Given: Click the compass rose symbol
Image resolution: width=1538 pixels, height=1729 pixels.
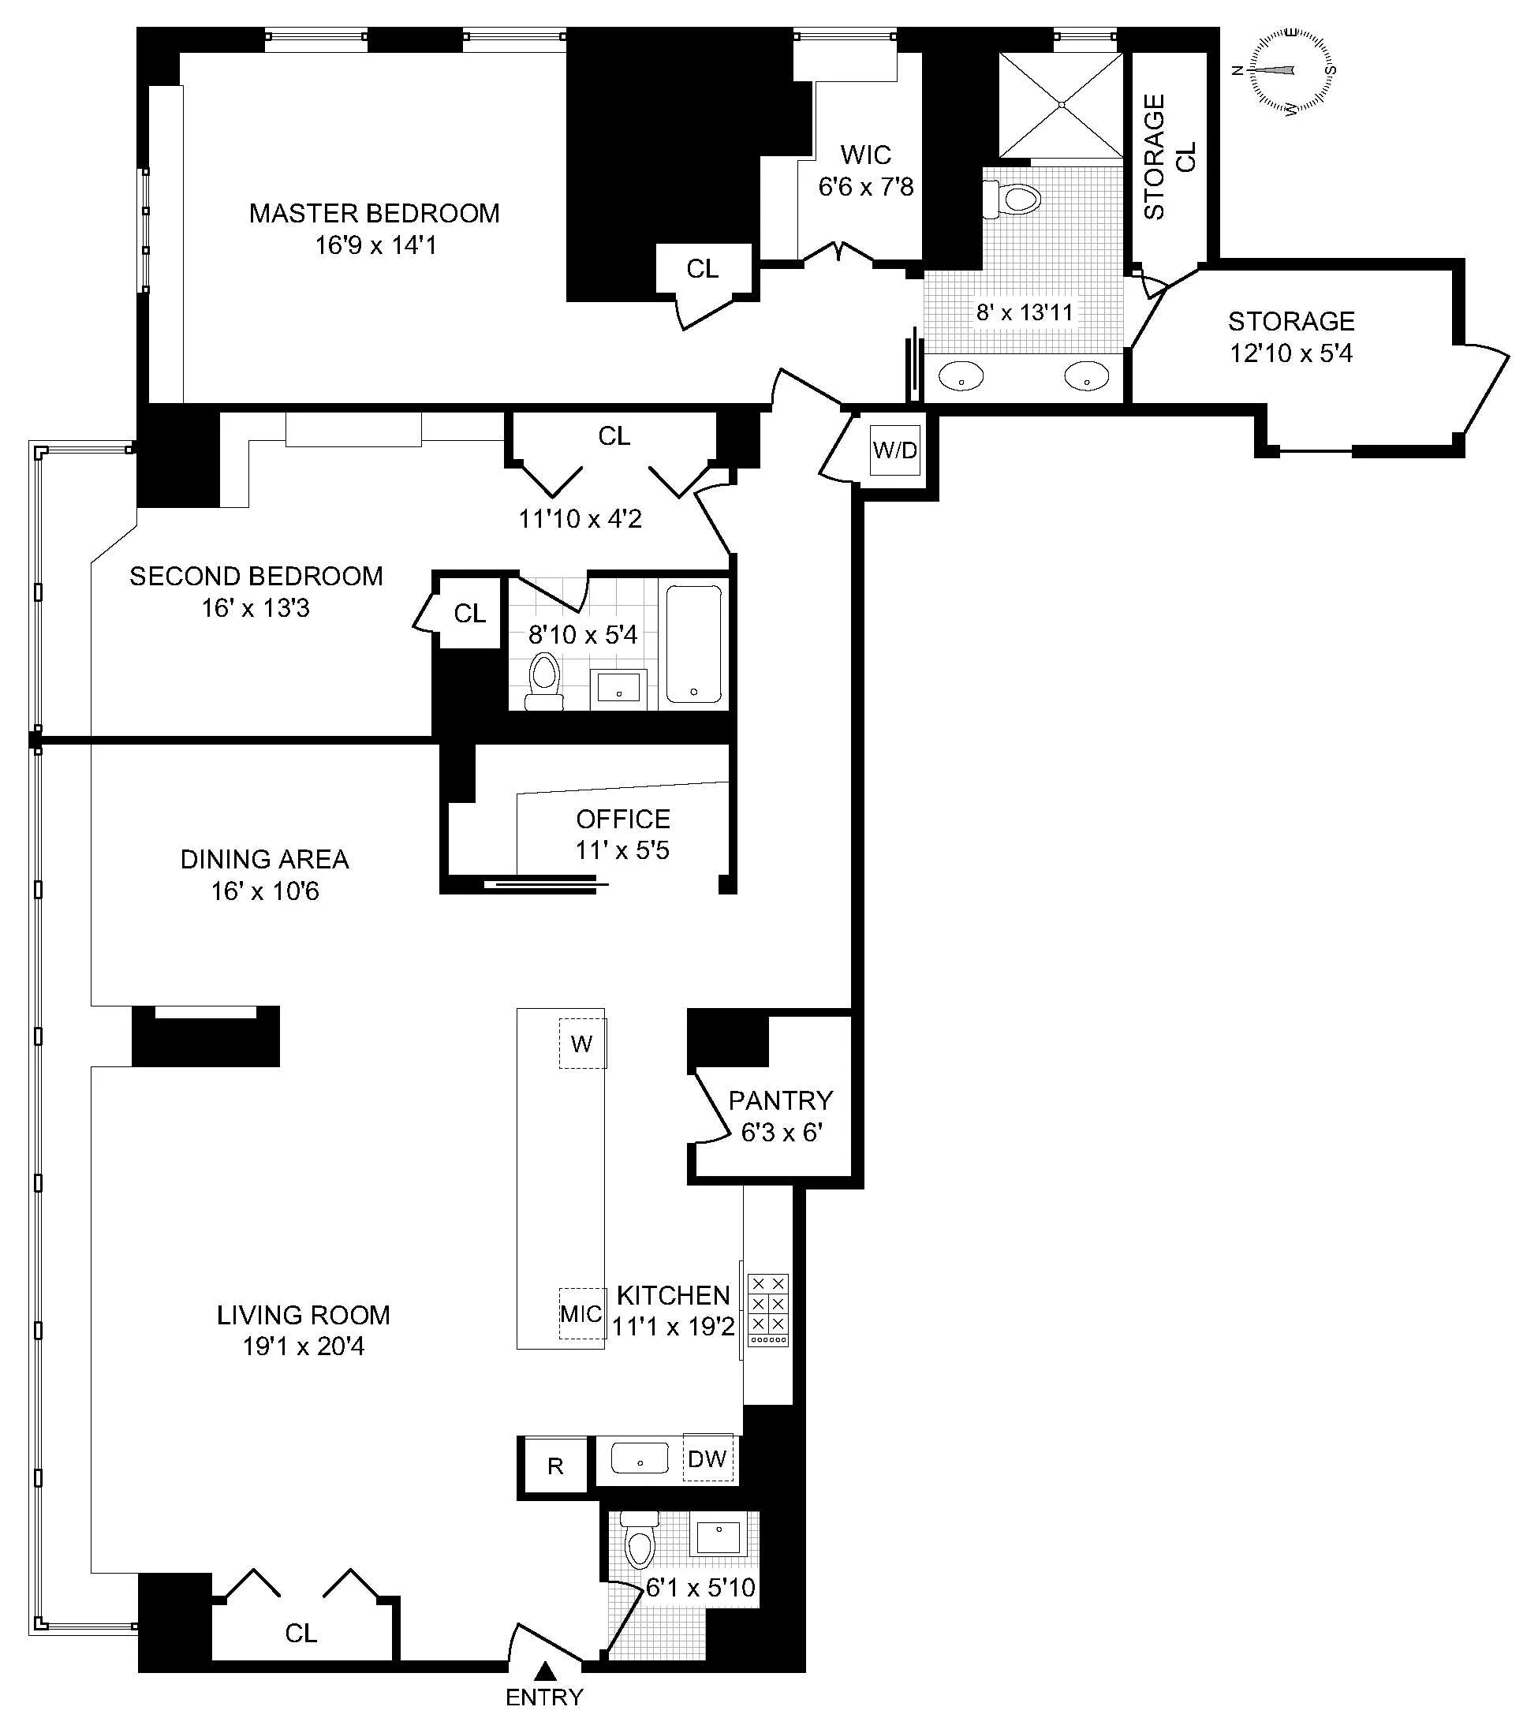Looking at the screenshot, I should tap(1284, 70).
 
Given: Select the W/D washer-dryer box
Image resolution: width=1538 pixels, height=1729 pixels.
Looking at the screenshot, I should tap(895, 450).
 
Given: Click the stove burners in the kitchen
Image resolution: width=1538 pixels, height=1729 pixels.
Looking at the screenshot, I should tap(768, 1309).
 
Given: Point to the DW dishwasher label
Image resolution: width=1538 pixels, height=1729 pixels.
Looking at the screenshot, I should tap(708, 1458).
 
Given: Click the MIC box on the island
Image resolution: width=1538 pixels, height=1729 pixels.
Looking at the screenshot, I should tap(581, 1313).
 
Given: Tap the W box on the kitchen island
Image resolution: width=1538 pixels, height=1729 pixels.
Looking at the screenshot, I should tap(582, 1044).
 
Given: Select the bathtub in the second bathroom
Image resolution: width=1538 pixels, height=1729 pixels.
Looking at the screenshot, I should tap(694, 644).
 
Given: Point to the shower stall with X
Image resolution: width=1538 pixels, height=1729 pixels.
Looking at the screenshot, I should tap(1062, 105).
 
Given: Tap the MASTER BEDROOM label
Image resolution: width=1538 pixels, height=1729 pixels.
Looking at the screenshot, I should tap(374, 213).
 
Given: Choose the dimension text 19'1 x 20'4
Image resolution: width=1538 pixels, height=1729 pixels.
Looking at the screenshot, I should tap(303, 1346).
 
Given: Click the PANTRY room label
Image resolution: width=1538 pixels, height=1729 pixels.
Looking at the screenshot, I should tap(780, 1100).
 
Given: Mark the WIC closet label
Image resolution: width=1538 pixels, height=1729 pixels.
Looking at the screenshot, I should tap(865, 155).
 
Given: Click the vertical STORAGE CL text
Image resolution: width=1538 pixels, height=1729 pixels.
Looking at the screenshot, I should tap(1170, 156).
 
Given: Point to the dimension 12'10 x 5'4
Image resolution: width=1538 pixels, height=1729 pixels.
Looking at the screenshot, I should tap(1291, 353).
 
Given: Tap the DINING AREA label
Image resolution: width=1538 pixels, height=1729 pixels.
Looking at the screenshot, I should tap(264, 860).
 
